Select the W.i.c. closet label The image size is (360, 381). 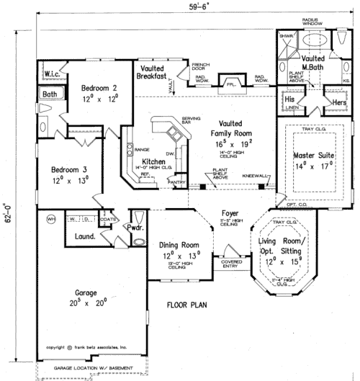click(51, 73)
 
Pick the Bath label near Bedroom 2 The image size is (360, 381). click(49, 94)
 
